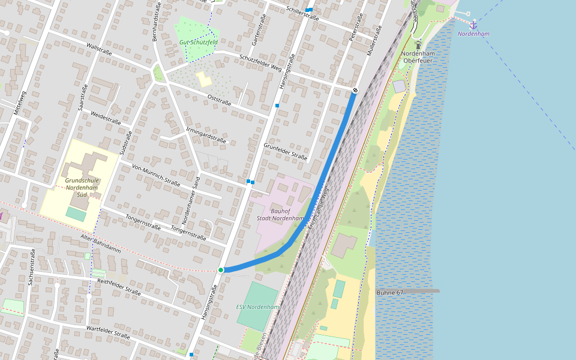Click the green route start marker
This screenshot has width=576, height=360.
click(221, 270)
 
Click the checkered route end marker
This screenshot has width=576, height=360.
click(355, 91)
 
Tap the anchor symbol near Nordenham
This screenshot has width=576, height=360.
click(473, 25)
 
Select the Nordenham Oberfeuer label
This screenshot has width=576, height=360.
click(419, 57)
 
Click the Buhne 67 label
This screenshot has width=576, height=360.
click(390, 292)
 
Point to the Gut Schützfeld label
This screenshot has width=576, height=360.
click(198, 43)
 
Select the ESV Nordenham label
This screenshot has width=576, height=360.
click(257, 307)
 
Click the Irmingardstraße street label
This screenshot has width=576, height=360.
click(206, 135)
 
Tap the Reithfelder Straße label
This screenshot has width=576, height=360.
click(119, 287)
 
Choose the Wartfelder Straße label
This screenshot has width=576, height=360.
click(108, 331)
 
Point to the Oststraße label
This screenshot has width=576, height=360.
click(219, 99)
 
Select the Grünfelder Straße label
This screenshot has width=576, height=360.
click(285, 152)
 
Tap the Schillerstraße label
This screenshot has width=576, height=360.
click(302, 14)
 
